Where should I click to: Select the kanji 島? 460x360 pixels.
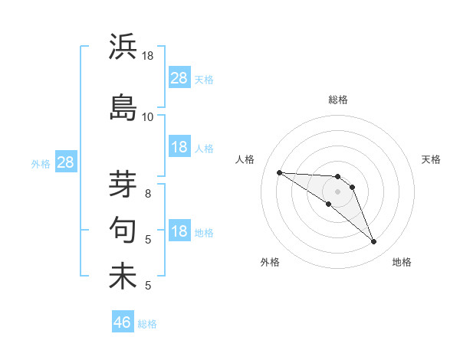123,107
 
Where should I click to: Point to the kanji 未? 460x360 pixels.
123,276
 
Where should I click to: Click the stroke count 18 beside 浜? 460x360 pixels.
148,56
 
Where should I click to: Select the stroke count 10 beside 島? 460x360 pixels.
148,117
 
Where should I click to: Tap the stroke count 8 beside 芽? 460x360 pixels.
148,194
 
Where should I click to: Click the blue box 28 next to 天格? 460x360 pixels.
179,78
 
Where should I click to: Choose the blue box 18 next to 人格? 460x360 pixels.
179,147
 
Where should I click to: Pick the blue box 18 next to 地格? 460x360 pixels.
179,231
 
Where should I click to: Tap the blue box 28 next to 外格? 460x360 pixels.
65,162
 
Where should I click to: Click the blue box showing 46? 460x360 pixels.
123,322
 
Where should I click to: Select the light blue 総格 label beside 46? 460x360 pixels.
147,324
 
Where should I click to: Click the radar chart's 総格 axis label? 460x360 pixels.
337,100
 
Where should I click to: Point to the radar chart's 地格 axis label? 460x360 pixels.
402,263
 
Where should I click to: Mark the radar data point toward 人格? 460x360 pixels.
279,172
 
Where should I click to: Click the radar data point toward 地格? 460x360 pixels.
373,242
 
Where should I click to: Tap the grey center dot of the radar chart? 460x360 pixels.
337,191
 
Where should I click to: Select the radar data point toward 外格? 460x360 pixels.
329,204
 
